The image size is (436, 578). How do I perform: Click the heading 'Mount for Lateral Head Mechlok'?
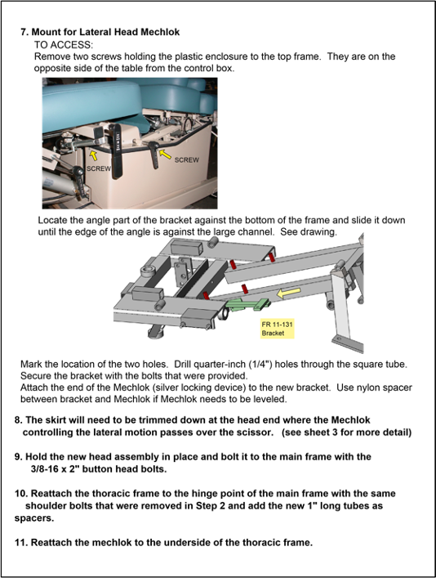pyautogui.click(x=105, y=32)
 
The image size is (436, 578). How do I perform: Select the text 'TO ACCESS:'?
pyautogui.click(x=64, y=45)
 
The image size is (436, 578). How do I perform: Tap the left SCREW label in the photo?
pyautogui.click(x=98, y=168)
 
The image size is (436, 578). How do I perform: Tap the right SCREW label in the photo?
pyautogui.click(x=186, y=160)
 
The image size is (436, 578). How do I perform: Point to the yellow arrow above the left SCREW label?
pyautogui.click(x=94, y=155)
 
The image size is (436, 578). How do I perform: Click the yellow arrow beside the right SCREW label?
pyautogui.click(x=166, y=154)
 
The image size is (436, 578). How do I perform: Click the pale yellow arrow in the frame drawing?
pyautogui.click(x=289, y=293)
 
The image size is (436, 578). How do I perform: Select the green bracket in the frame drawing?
pyautogui.click(x=247, y=304)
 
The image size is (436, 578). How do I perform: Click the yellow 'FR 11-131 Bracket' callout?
pyautogui.click(x=278, y=329)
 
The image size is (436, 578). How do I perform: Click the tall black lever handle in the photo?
pyautogui.click(x=117, y=151)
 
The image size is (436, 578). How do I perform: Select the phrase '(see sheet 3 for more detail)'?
pyautogui.click(x=346, y=432)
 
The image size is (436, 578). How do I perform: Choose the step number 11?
pyautogui.click(x=21, y=543)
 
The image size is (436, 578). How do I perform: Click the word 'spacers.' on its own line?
pyautogui.click(x=34, y=518)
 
